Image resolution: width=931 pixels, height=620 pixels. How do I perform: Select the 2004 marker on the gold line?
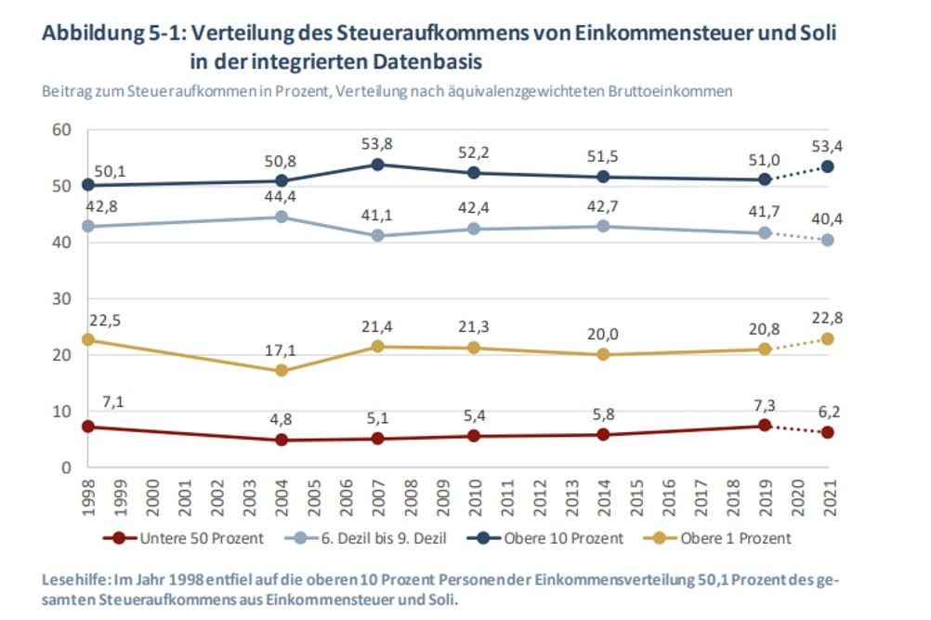tap(282, 371)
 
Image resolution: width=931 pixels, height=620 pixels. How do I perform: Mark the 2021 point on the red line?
tap(827, 432)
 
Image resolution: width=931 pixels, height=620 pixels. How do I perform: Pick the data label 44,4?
tap(281, 196)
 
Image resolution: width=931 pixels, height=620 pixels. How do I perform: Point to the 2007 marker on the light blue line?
tap(377, 235)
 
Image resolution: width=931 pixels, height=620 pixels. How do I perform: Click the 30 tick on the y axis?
tap(61, 298)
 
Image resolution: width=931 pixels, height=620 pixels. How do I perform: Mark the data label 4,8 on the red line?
tap(281, 419)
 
